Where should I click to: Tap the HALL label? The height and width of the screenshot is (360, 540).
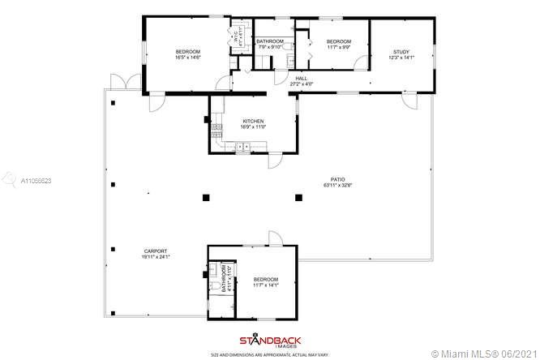301,79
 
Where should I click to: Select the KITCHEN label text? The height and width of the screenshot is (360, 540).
253,122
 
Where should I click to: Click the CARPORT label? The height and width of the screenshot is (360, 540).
157,251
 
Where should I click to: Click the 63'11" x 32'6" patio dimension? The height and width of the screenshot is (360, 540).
337,186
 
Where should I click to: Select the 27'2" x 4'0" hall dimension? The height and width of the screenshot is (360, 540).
301,84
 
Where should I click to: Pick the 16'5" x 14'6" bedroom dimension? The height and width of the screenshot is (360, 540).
187,58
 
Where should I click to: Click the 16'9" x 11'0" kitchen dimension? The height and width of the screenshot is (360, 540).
253,127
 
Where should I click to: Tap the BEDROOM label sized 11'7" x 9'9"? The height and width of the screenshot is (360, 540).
338,41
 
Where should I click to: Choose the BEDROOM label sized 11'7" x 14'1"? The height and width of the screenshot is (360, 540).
265,279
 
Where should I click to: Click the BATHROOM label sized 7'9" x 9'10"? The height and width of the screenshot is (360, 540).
270,41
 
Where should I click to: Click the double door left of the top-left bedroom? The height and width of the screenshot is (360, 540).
119,82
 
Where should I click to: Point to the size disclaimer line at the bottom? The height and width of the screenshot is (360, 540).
269,354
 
